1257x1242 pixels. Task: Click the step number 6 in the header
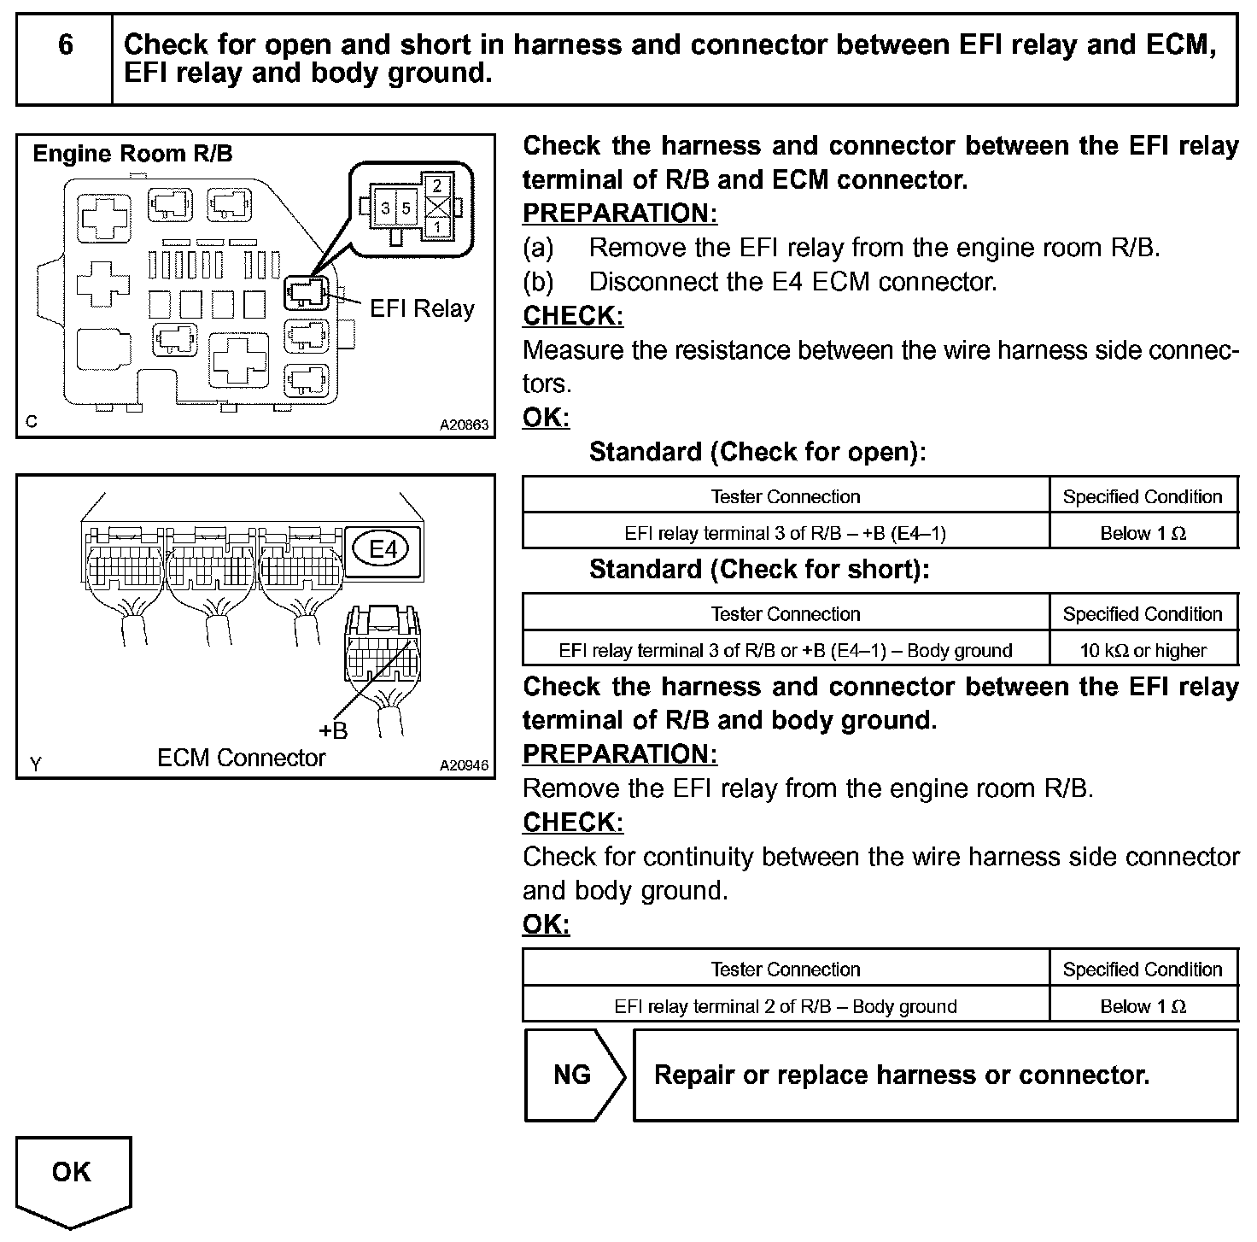click(66, 44)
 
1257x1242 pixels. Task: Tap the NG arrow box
click(573, 1075)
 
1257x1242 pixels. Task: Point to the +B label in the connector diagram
click(333, 731)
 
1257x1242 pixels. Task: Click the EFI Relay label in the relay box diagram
click(422, 308)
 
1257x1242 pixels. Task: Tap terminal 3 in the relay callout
click(386, 208)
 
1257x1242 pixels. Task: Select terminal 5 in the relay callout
click(406, 208)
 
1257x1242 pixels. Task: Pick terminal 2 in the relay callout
click(437, 185)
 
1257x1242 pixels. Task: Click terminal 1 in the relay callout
click(437, 228)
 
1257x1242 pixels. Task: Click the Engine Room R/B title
click(132, 154)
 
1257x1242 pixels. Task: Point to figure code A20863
click(465, 424)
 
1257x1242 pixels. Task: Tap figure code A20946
click(465, 765)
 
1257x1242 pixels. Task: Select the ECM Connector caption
click(242, 758)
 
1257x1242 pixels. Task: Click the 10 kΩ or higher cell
click(1143, 651)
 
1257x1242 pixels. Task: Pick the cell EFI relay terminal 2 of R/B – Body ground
click(786, 1006)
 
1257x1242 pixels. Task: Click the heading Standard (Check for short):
click(759, 569)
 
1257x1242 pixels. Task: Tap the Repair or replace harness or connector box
click(935, 1075)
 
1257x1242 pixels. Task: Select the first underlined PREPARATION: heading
click(620, 213)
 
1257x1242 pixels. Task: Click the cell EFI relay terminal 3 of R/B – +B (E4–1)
click(786, 533)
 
